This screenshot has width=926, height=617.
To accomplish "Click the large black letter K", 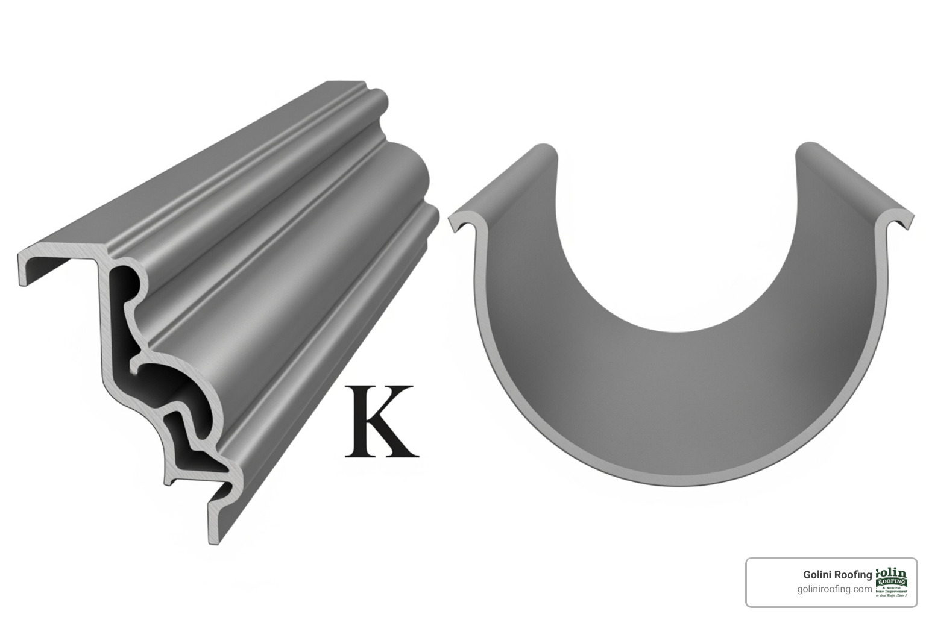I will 381,422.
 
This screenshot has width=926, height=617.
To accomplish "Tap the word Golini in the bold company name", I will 817,575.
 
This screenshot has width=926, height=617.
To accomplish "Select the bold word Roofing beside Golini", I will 853,575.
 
